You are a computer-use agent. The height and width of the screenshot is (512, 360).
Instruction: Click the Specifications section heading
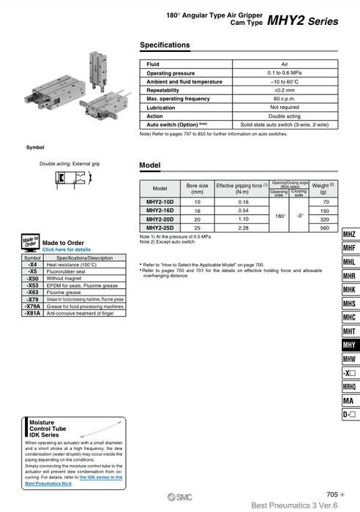[165, 45]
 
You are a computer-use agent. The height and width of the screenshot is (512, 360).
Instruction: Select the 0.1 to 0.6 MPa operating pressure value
[285, 73]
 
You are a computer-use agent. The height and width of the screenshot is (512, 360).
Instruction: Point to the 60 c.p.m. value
[285, 99]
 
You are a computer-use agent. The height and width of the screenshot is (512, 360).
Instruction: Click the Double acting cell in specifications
[285, 116]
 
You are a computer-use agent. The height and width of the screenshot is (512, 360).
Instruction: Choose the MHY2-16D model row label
[160, 210]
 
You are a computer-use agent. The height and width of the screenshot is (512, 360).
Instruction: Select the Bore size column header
[198, 189]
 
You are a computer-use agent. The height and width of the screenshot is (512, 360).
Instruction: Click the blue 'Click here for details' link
[67, 249]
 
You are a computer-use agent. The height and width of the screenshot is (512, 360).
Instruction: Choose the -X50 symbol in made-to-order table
[33, 279]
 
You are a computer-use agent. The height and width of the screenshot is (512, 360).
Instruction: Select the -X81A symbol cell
[33, 312]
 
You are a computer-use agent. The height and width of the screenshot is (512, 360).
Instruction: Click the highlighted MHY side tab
[349, 345]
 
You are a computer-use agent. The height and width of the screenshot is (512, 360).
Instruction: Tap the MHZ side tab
[349, 235]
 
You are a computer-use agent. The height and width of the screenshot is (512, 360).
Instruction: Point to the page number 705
[334, 494]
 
